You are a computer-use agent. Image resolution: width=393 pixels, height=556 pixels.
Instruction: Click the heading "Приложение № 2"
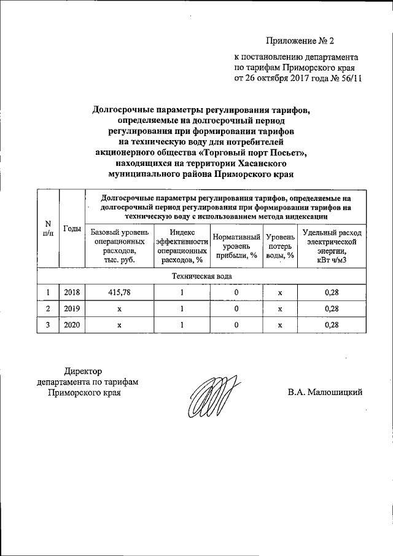pos(300,42)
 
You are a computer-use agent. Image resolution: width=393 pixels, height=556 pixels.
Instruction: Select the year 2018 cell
pos(71,293)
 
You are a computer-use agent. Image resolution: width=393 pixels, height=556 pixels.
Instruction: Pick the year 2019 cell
pos(71,309)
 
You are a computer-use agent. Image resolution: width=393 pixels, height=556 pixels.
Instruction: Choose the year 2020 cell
pos(71,325)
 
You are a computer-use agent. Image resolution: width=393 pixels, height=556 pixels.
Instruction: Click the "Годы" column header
pos(71,229)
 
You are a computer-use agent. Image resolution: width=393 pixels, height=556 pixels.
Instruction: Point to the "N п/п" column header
pos(48,229)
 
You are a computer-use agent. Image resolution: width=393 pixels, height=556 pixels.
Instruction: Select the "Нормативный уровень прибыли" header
pos(236,246)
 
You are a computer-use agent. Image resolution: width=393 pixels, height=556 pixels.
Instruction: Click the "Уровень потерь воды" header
pos(279,246)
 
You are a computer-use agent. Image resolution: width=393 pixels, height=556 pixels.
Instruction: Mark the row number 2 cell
pos(48,309)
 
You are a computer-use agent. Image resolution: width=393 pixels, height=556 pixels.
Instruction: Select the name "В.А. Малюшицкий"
pos(325,392)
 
